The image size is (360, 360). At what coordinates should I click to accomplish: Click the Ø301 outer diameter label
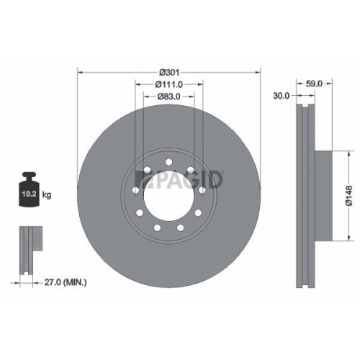(x=168, y=72)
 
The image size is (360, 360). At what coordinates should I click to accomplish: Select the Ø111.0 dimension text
(x=168, y=84)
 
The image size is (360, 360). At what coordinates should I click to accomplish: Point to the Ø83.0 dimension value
(x=168, y=96)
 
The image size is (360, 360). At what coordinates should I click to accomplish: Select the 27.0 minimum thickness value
(x=50, y=284)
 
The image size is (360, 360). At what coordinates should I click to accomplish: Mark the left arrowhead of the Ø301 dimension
(x=79, y=72)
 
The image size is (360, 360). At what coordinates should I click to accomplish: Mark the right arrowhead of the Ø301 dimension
(x=258, y=72)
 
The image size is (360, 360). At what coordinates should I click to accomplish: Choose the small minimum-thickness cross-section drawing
(x=27, y=248)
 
